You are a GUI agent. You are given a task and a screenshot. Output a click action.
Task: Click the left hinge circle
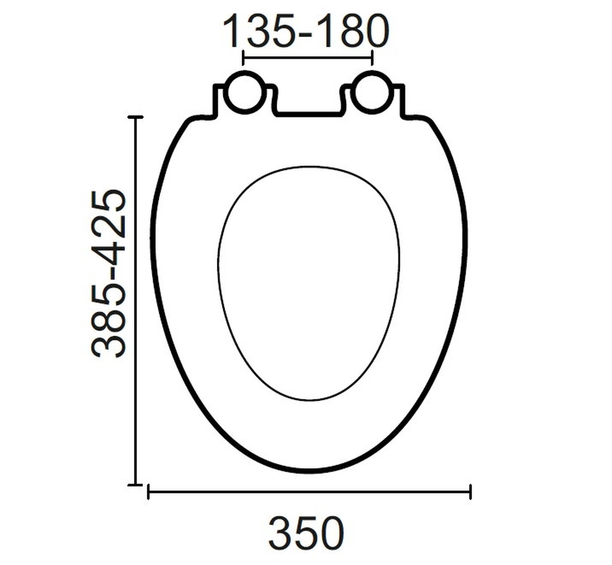click(245, 92)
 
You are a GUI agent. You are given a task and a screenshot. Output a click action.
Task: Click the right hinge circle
click(372, 92)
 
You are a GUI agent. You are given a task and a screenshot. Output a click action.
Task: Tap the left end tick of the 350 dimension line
click(148, 492)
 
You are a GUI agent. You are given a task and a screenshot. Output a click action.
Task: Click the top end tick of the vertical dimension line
click(135, 117)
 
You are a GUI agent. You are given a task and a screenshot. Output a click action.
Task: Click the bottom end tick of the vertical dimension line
click(135, 485)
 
